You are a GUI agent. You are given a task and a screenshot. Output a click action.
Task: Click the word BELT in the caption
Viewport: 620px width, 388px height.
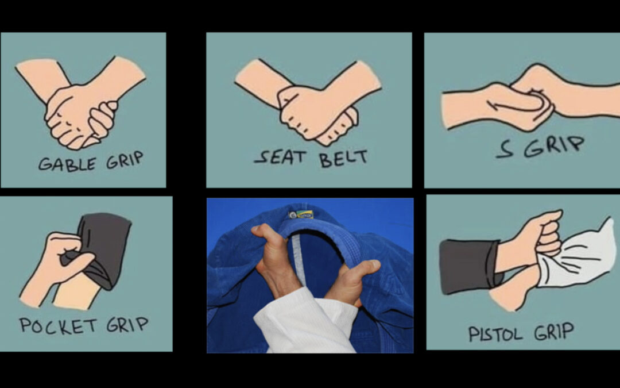tap(343, 158)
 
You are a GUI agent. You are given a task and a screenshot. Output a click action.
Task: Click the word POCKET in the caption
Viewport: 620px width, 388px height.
tap(58, 325)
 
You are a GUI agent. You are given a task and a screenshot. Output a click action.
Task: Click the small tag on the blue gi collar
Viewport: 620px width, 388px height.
tap(301, 214)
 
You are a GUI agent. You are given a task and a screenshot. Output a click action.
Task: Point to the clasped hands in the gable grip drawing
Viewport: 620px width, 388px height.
tap(80, 115)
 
